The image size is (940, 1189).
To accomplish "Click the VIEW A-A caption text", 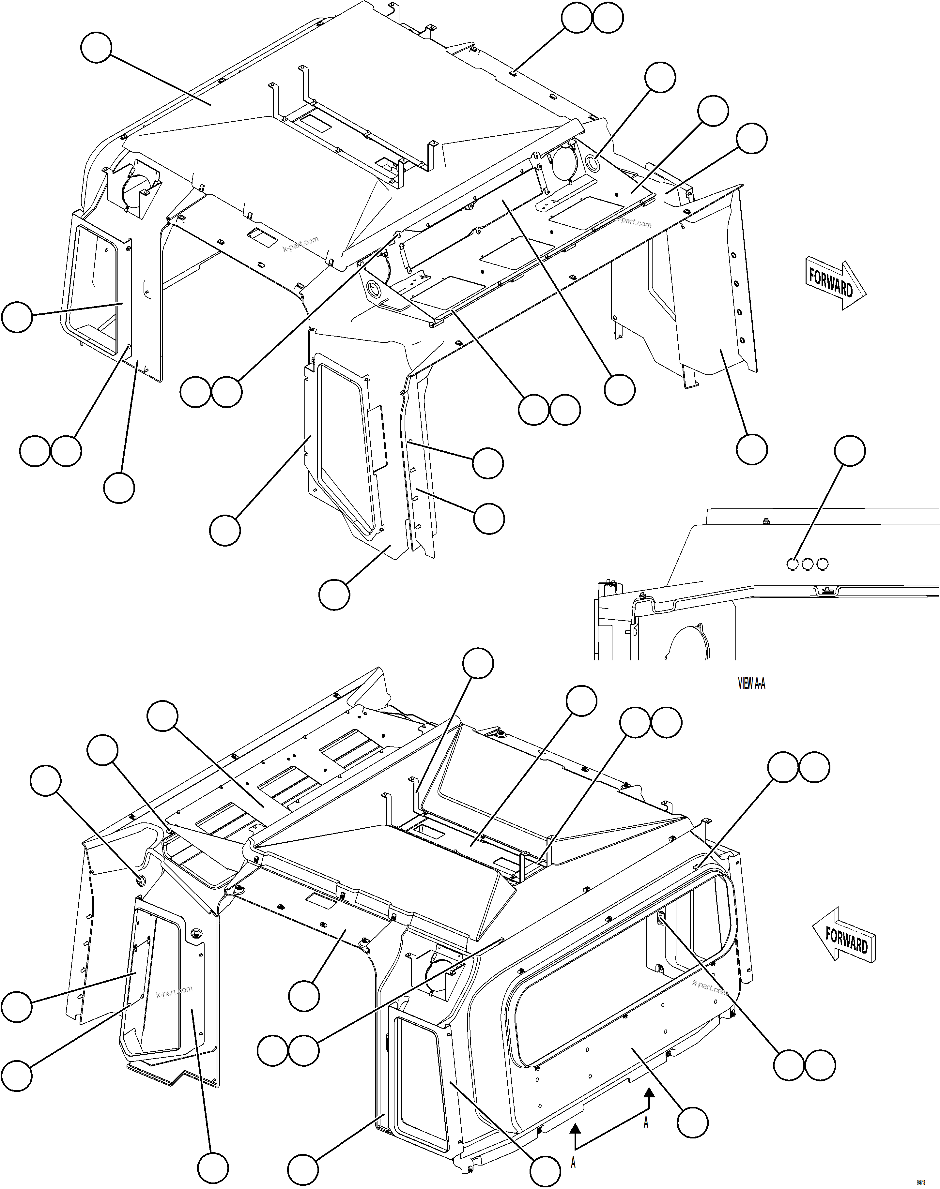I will (x=751, y=684).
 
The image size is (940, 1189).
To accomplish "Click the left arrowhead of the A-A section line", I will (x=575, y=1127).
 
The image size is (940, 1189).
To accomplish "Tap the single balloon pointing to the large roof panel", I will (x=96, y=48).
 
